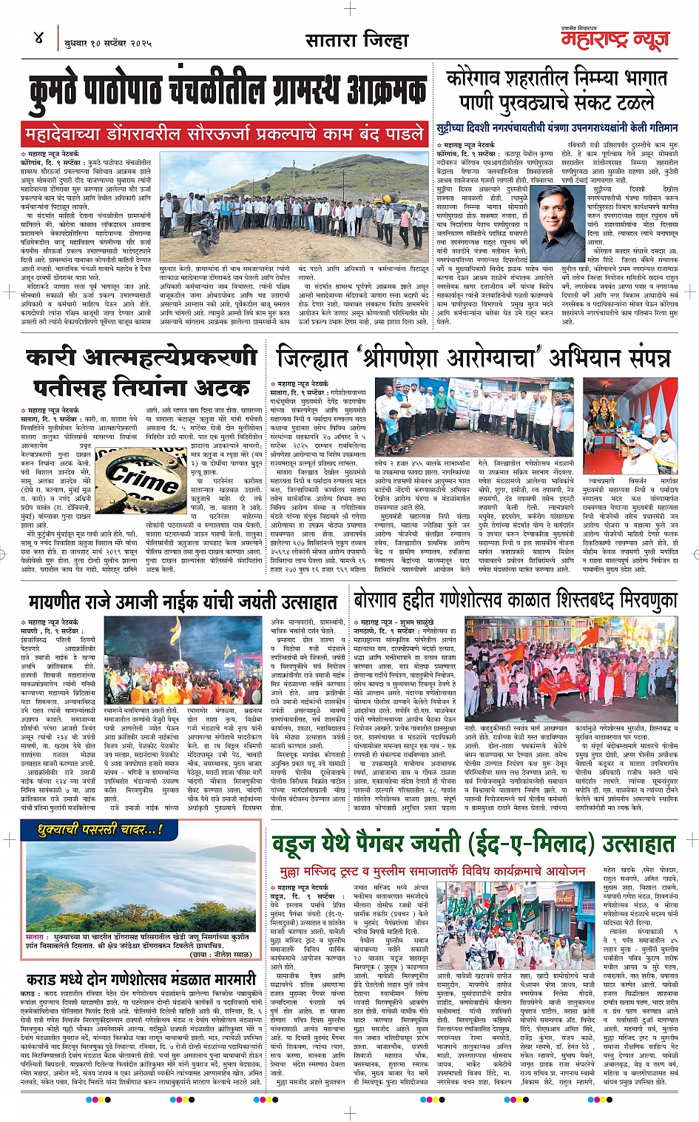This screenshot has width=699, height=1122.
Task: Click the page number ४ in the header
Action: [38, 38]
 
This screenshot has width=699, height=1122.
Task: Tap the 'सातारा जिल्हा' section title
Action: [357, 40]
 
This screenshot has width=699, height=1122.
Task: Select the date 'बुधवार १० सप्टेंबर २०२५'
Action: [108, 43]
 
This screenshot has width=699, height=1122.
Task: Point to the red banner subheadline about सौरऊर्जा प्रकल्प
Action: [223, 134]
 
